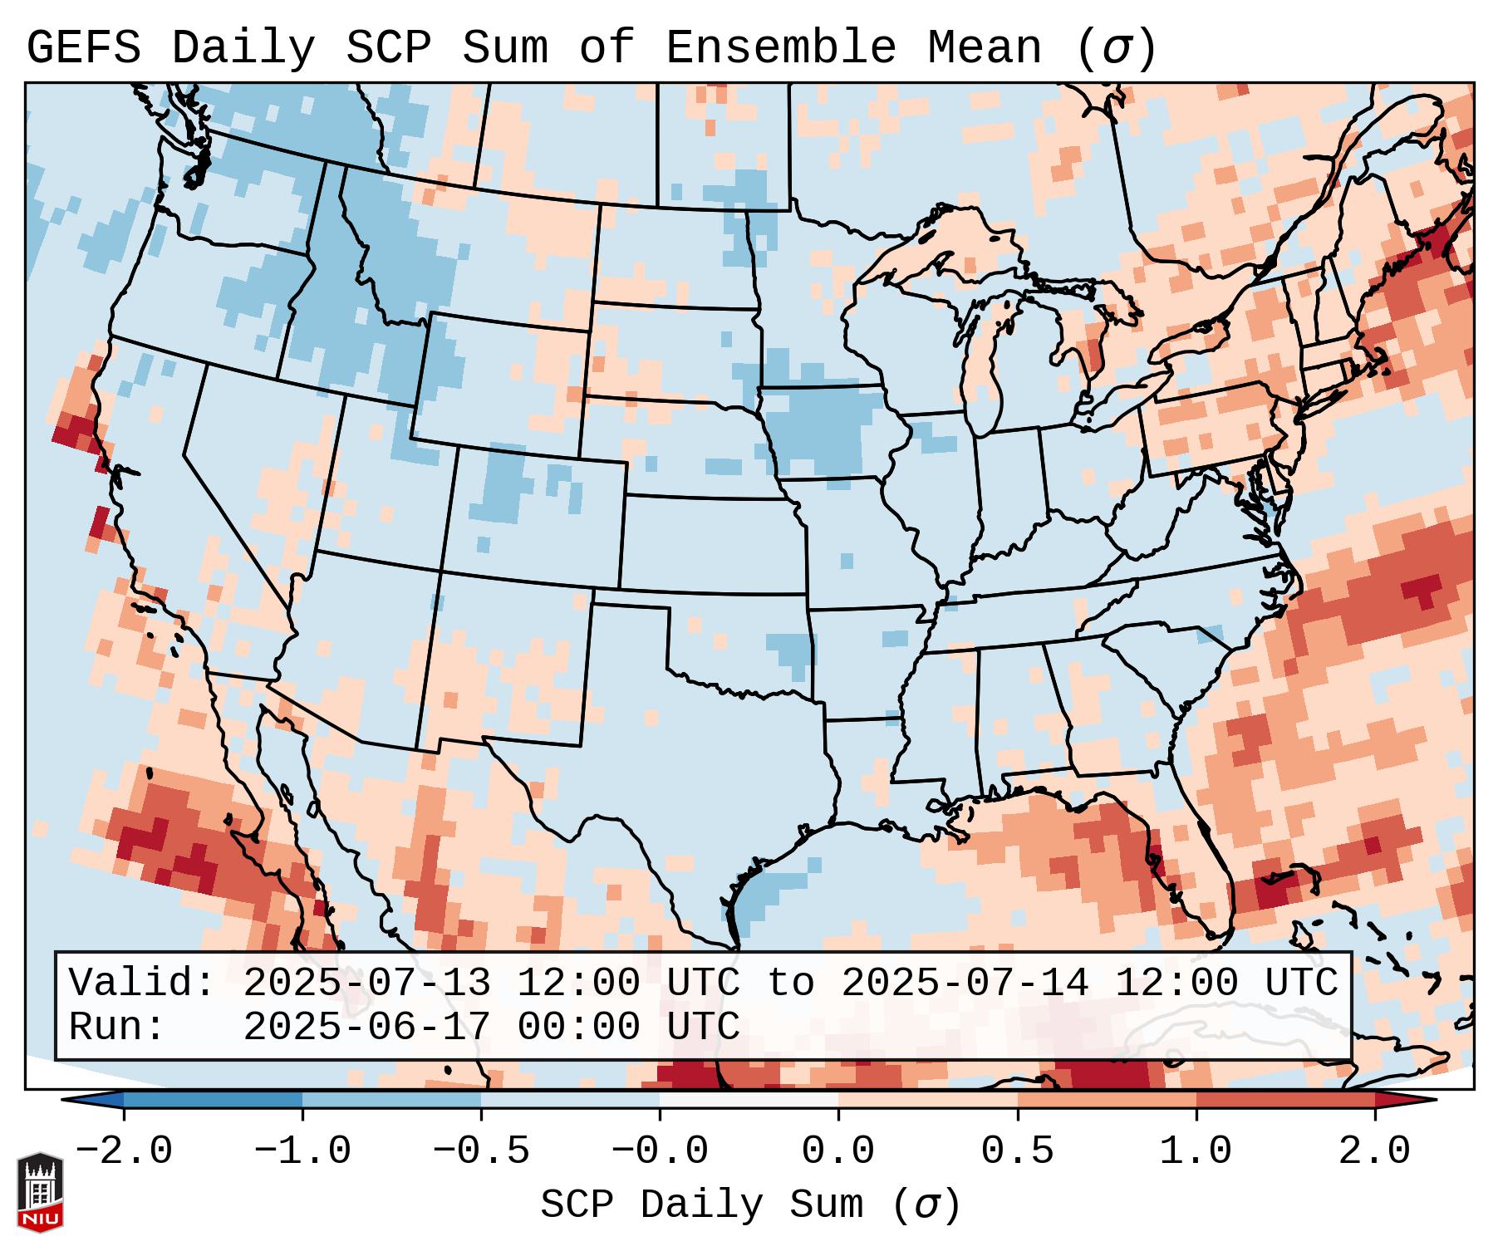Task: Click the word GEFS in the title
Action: point(83,48)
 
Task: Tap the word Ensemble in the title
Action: point(780,48)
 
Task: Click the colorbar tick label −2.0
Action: point(123,1151)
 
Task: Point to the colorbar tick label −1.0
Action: point(302,1151)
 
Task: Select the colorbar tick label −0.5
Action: point(481,1151)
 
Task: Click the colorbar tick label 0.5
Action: point(1017,1151)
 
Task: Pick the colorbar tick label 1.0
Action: point(1196,1151)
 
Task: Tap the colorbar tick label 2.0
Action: point(1374,1151)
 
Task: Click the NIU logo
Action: point(40,1192)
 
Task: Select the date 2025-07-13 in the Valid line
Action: point(366,984)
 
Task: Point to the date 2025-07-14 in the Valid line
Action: point(965,984)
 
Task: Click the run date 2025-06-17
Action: point(366,1028)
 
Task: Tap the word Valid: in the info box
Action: point(142,984)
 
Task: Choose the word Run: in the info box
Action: point(117,1028)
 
